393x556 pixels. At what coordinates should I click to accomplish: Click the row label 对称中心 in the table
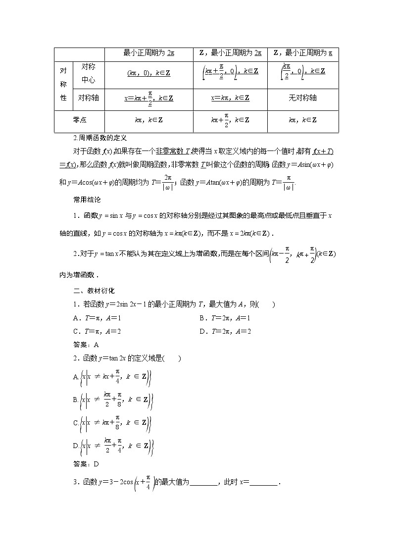click(88, 73)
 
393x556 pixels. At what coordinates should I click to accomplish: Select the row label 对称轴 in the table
click(88, 98)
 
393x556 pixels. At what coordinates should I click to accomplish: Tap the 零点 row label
click(79, 120)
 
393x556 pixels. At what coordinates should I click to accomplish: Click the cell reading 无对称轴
click(302, 98)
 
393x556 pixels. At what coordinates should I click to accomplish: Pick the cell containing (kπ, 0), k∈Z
click(148, 73)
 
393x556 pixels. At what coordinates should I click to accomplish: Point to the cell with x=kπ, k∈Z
click(230, 98)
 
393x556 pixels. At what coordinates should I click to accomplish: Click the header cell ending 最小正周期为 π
click(302, 52)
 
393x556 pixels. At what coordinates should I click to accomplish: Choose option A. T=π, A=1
click(97, 318)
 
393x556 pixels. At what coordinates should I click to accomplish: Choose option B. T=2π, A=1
click(225, 318)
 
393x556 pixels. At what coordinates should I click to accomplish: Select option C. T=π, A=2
click(97, 331)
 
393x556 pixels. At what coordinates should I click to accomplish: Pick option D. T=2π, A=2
click(225, 331)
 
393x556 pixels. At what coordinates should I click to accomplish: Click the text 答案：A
click(86, 345)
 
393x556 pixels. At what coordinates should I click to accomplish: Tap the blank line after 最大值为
click(203, 483)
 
